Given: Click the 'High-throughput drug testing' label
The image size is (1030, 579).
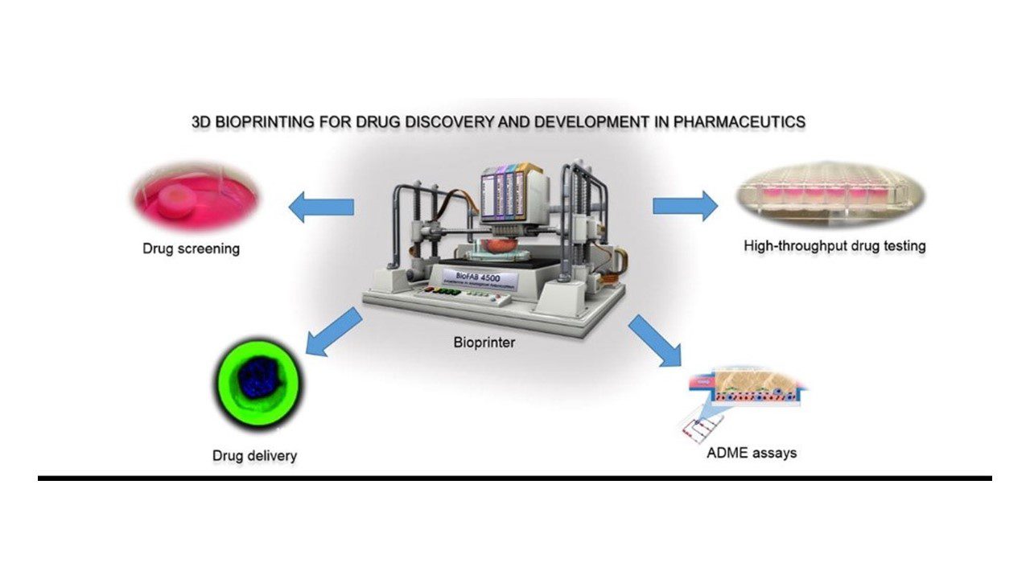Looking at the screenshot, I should point(834,245).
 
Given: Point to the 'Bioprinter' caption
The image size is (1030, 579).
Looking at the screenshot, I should point(484,343).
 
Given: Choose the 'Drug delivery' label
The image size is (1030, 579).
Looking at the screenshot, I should point(254,456).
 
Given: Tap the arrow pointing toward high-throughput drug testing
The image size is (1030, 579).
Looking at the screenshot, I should point(685,205).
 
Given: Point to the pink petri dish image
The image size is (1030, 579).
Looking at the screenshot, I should point(196,198).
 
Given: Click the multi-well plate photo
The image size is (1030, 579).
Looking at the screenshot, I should point(832,195).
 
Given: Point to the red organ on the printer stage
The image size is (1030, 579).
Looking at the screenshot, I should point(485,239).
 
